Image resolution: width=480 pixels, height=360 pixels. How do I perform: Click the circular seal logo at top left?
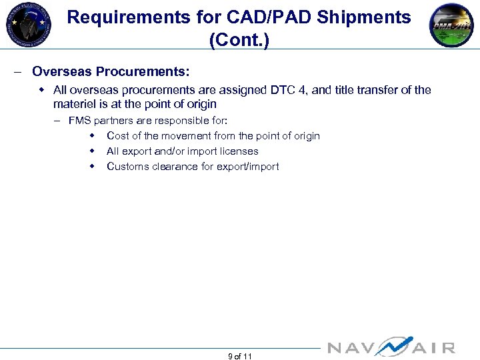point(28,25)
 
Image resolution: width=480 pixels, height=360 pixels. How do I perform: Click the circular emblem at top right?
point(451,25)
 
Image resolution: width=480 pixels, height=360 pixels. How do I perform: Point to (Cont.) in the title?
point(239,40)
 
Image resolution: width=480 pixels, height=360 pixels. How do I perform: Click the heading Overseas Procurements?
point(111,71)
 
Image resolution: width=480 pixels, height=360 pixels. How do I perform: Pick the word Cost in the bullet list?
point(118,136)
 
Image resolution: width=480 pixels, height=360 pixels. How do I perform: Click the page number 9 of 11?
point(239,357)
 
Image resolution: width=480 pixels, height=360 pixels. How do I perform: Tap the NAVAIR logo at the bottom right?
point(391,347)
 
